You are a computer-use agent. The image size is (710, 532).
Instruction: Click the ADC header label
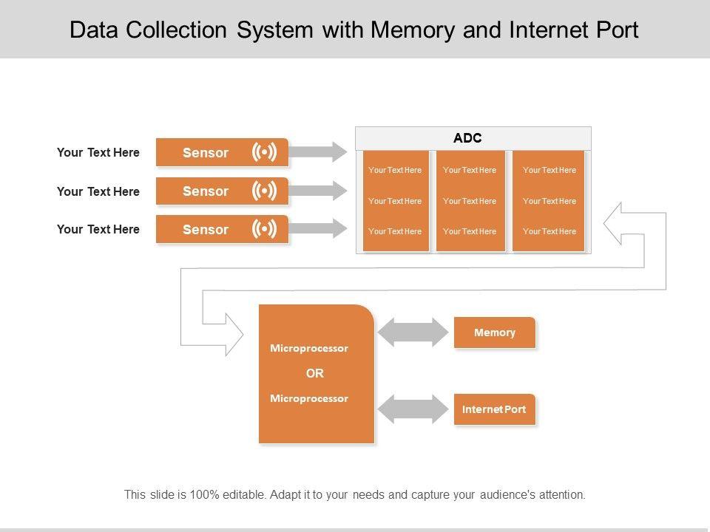tap(467, 137)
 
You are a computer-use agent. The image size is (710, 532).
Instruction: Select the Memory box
tap(494, 332)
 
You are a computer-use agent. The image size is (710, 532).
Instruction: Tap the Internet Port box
tap(494, 409)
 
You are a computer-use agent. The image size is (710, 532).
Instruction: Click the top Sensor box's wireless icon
tap(264, 152)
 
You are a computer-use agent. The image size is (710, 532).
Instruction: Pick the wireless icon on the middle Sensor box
tap(264, 191)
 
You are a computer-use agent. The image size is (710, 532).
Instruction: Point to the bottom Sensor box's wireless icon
tap(264, 229)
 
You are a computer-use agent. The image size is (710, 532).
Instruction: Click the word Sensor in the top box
tap(206, 153)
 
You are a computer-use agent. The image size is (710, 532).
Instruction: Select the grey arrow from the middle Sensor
tap(318, 191)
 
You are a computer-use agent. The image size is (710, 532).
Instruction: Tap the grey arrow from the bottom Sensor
tap(318, 229)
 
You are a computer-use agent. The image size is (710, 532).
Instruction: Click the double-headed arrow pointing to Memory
tap(413, 332)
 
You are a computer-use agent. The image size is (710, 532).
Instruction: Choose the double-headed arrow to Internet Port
tap(413, 409)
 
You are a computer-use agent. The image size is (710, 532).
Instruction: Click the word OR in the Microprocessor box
tap(314, 373)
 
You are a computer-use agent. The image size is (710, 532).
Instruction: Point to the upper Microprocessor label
tap(309, 348)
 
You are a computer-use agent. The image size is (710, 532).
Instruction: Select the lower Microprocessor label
tap(309, 398)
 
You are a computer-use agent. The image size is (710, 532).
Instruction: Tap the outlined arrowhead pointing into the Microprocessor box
tap(231, 334)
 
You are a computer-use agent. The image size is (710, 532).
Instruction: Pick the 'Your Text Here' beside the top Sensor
tap(98, 153)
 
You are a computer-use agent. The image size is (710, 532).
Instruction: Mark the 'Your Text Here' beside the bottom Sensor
tap(98, 229)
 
